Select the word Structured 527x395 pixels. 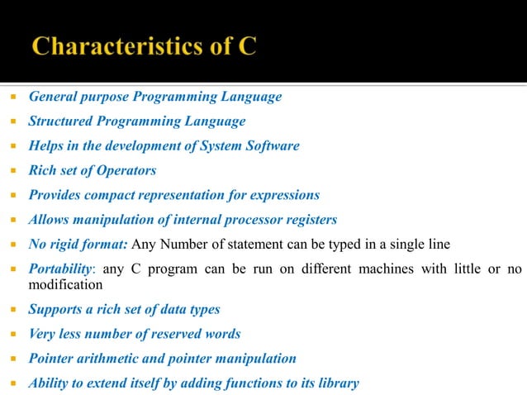[x=60, y=121]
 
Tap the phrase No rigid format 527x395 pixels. [x=78, y=245]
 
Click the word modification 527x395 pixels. [x=66, y=284]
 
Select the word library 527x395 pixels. [x=338, y=383]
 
